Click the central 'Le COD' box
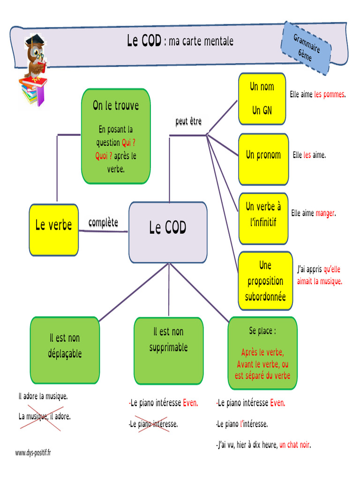pyautogui.click(x=168, y=232)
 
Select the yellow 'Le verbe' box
pyautogui.click(x=54, y=230)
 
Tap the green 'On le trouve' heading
pyautogui.click(x=116, y=105)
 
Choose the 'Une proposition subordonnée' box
pyautogui.click(x=265, y=281)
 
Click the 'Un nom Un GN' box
pyautogui.click(x=262, y=98)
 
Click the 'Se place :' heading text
pyautogui.click(x=262, y=331)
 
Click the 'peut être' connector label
pyautogui.click(x=188, y=122)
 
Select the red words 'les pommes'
pyautogui.click(x=330, y=94)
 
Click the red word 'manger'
pyautogui.click(x=325, y=213)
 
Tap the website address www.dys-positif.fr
pyautogui.click(x=33, y=453)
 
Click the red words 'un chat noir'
pyautogui.click(x=294, y=445)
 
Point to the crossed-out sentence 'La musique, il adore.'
pyautogui.click(x=45, y=416)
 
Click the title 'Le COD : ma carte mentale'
pyautogui.click(x=180, y=41)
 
